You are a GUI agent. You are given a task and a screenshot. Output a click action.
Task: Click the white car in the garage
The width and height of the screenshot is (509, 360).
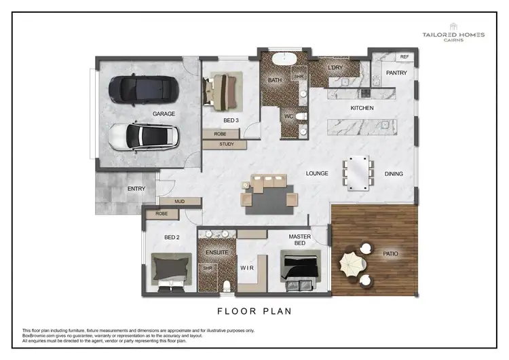(x=144, y=137)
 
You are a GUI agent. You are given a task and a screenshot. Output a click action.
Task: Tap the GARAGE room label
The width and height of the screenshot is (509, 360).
(x=164, y=113)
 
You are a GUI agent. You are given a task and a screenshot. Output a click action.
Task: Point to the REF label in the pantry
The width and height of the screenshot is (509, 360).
(x=404, y=57)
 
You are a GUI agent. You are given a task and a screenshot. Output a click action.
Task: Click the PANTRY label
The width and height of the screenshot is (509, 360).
(x=396, y=73)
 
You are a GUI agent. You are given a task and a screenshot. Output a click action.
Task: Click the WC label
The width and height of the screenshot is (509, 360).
(x=288, y=116)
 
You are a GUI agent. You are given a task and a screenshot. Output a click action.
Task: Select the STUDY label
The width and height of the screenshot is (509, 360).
(x=227, y=144)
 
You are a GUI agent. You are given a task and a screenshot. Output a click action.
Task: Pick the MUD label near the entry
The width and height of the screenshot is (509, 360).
(x=179, y=202)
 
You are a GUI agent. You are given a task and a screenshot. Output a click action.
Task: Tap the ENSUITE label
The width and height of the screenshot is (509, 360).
(x=216, y=253)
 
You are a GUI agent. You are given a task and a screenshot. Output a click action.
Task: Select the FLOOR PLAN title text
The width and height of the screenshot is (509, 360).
(x=254, y=312)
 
